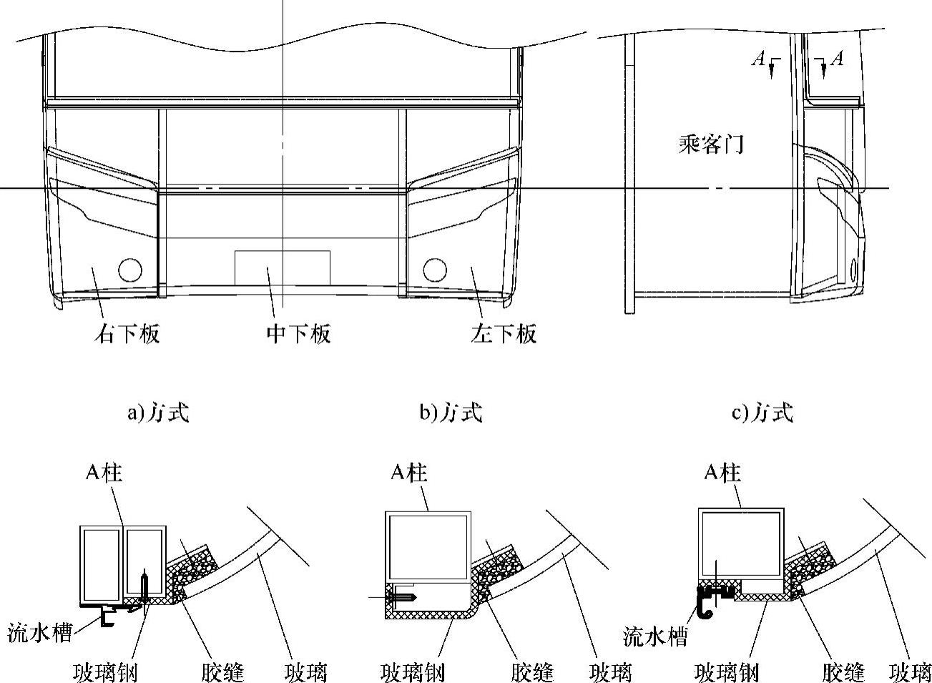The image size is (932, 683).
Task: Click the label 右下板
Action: [127, 334]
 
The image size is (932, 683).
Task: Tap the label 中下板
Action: [298, 334]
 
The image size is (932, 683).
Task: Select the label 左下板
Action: [504, 334]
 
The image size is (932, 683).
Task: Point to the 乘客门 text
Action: [710, 145]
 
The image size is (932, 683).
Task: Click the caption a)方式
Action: [158, 413]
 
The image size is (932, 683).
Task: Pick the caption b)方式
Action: [451, 413]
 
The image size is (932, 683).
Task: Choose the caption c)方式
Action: [762, 413]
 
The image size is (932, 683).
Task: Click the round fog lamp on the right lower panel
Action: [130, 270]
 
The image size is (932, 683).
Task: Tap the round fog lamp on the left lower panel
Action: [434, 270]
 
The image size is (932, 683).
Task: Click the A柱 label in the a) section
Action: [104, 473]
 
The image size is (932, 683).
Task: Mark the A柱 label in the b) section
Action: [409, 473]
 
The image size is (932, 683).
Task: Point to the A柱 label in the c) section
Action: [722, 473]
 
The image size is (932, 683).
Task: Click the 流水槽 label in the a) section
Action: [39, 633]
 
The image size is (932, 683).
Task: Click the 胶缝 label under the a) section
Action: [222, 672]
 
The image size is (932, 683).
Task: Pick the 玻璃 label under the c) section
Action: [910, 672]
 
